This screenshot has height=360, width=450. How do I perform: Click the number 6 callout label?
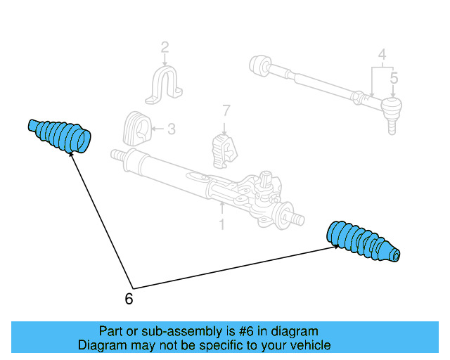(128, 299)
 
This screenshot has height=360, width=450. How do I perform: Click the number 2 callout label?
(165, 48)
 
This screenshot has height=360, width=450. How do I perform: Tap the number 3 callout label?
(172, 129)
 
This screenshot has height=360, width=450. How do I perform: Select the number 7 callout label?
(226, 110)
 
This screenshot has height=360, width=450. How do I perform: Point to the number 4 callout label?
(382, 54)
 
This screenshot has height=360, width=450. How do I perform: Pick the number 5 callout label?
(394, 77)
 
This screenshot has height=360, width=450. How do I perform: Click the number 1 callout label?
(221, 225)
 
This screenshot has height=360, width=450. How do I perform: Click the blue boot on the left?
(60, 134)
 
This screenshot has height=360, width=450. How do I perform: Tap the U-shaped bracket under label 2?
(165, 86)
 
